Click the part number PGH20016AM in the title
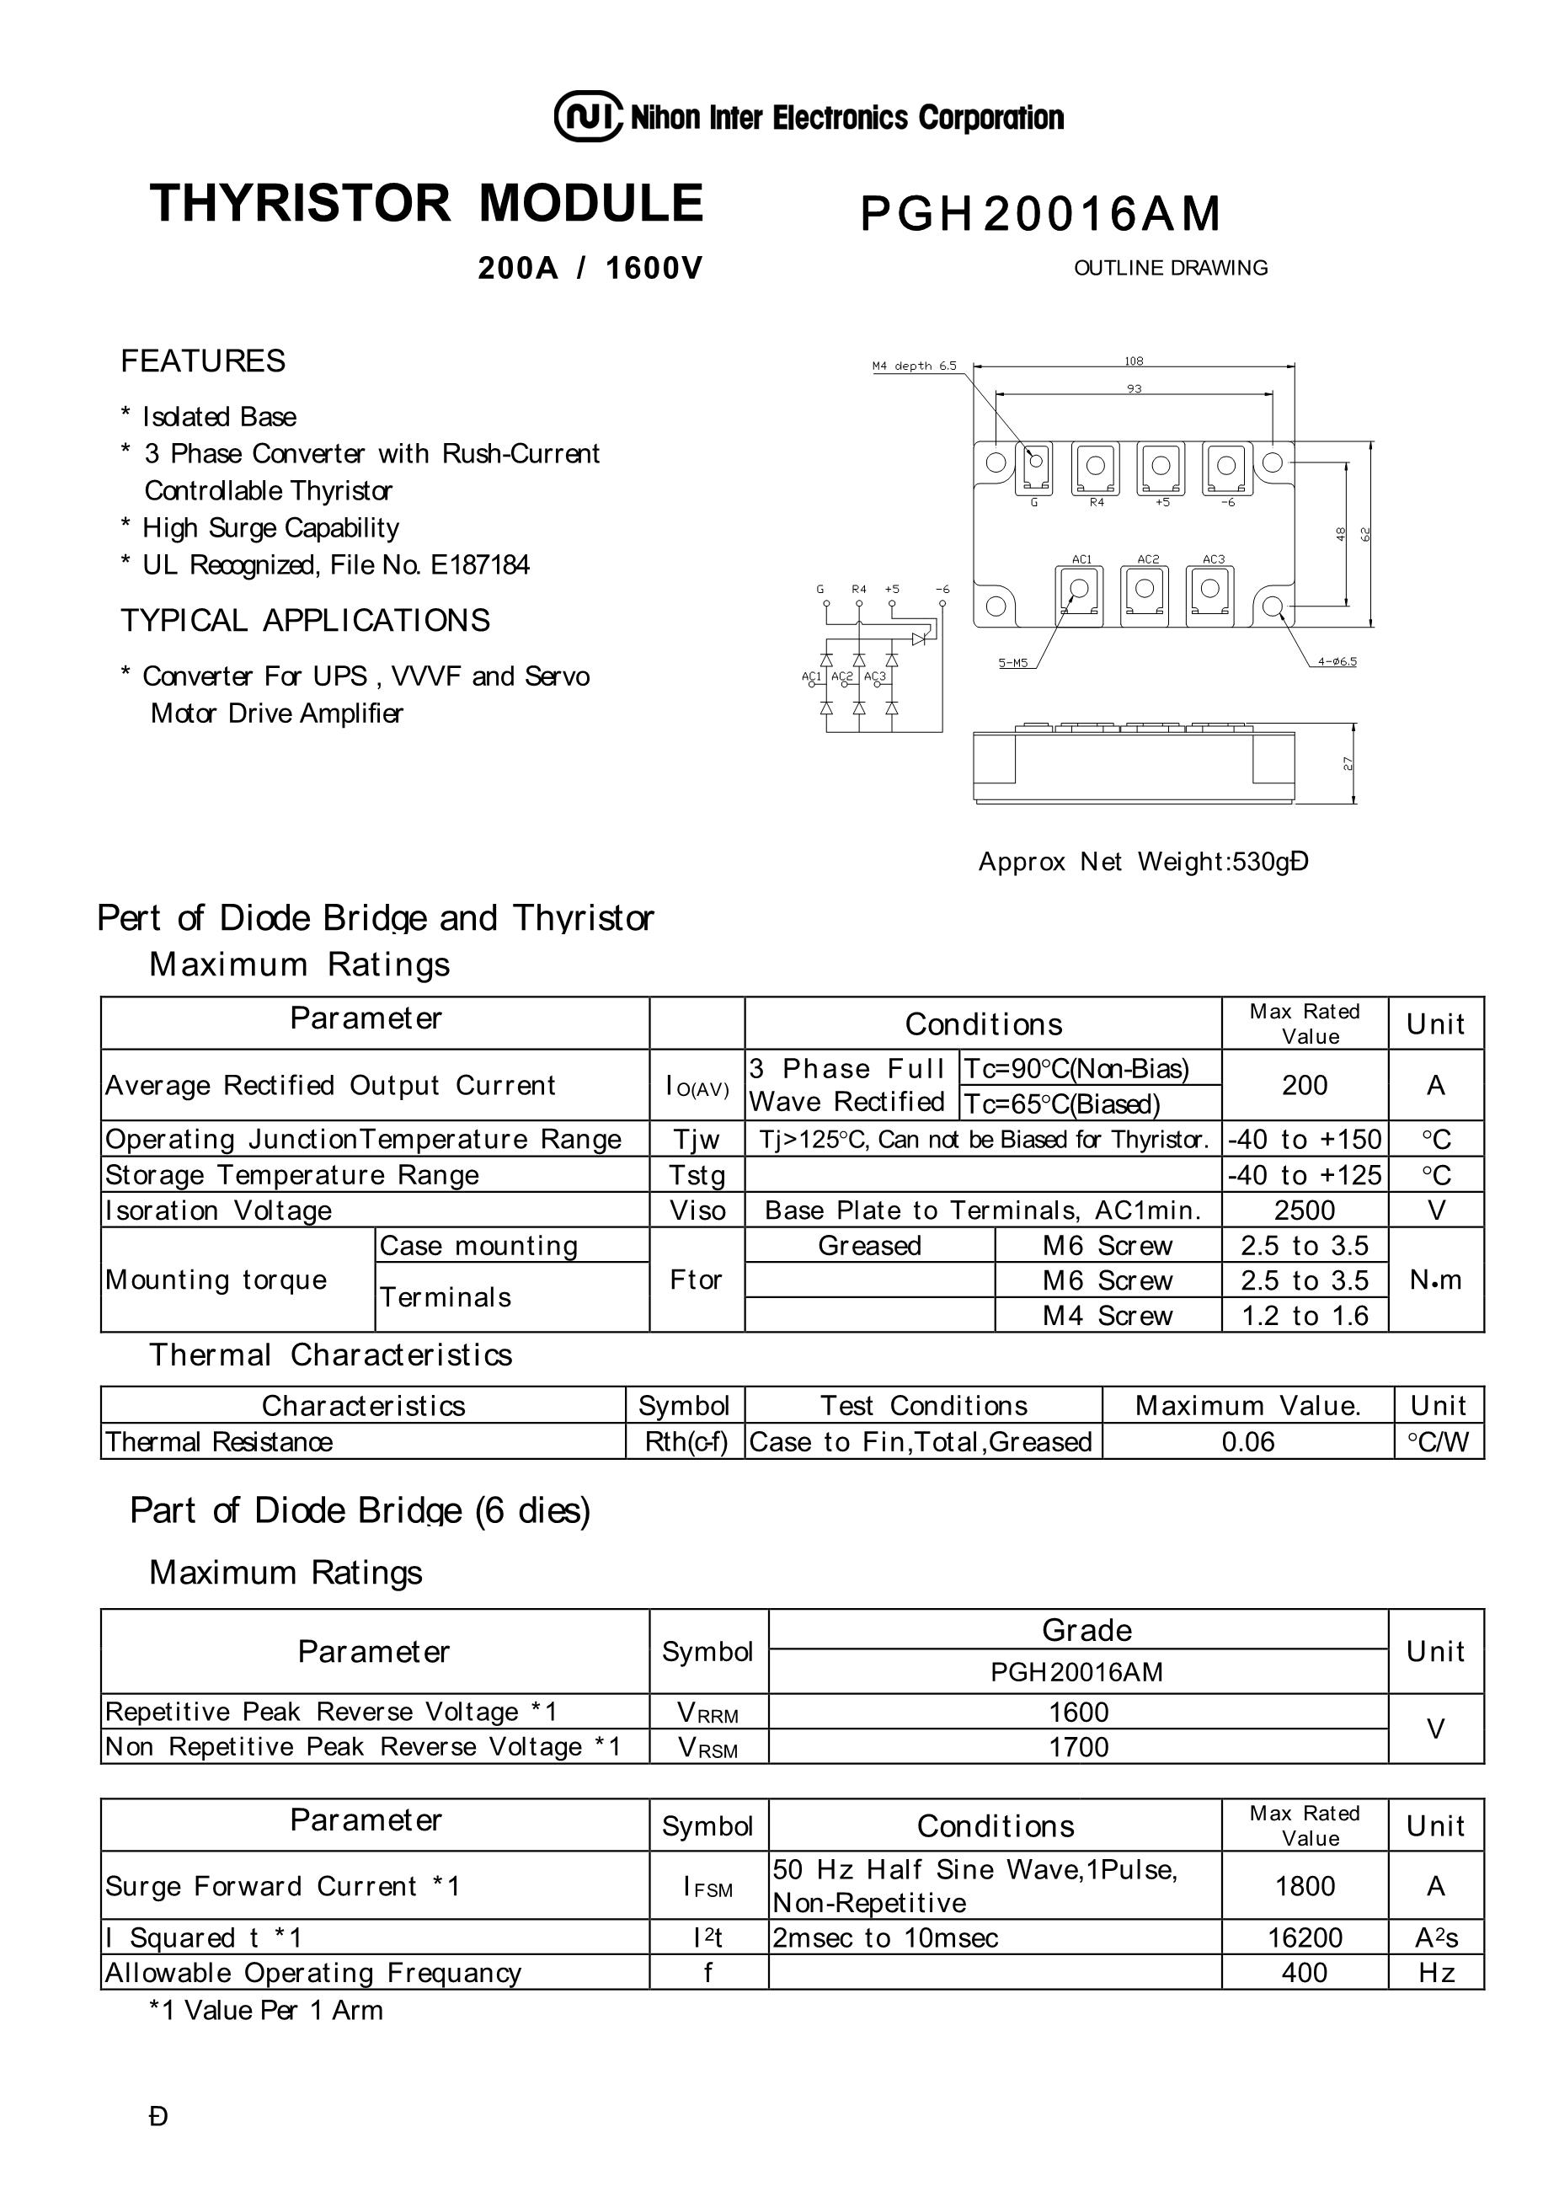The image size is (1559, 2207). click(1040, 213)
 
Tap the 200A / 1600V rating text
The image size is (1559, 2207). click(590, 268)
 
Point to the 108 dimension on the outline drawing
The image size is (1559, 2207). click(1135, 361)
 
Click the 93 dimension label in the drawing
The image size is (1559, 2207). click(1135, 388)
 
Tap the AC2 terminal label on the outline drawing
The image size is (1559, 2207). click(1148, 559)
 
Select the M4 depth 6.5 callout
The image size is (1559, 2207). click(914, 366)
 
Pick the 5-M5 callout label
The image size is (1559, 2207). click(1013, 662)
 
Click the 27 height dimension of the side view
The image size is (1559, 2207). click(1348, 763)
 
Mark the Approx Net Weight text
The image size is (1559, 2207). click(1143, 861)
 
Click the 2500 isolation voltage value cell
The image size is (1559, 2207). click(1305, 1210)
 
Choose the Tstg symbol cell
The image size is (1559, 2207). click(697, 1174)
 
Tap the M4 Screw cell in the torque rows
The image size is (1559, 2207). click(1108, 1315)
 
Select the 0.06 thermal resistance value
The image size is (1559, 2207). click(1247, 1442)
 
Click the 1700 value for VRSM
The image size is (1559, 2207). click(1078, 1746)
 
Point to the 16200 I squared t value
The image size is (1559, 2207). click(1305, 1937)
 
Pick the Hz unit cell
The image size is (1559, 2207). click(1436, 1973)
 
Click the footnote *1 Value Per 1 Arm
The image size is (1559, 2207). click(265, 2010)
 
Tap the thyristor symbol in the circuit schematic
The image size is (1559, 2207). click(919, 638)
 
